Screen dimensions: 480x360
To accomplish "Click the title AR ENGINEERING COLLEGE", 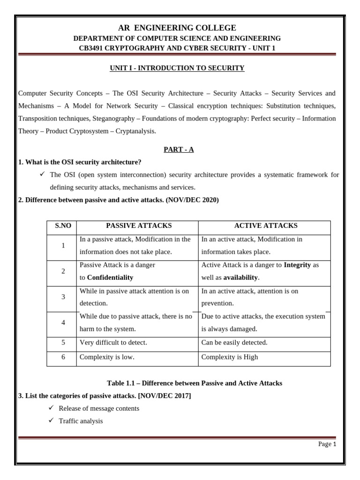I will (x=177, y=28).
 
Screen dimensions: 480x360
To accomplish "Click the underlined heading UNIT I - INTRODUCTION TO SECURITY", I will (x=177, y=68).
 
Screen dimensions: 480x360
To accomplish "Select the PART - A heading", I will (x=179, y=150).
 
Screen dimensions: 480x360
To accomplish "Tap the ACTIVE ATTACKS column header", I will (x=265, y=225).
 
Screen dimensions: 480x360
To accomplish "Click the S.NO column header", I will (x=63, y=225).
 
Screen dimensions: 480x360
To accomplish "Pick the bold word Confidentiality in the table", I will (x=110, y=277).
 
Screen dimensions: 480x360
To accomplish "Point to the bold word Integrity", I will (x=297, y=265).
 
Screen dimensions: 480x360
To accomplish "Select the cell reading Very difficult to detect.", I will (x=113, y=343).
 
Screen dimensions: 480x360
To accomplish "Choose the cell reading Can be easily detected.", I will (x=234, y=343).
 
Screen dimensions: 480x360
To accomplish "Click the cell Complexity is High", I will (x=230, y=357).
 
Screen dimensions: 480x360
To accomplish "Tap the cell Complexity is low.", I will (x=107, y=357).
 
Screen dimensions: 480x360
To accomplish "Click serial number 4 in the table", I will (x=63, y=322).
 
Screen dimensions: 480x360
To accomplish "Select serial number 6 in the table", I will (x=63, y=357).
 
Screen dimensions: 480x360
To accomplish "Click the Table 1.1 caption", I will (x=195, y=383).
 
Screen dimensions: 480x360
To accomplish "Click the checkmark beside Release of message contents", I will (x=52, y=408).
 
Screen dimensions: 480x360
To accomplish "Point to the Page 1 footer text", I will (x=327, y=444).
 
